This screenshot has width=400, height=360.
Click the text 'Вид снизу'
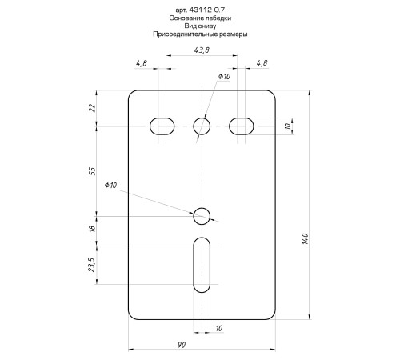click(200, 26)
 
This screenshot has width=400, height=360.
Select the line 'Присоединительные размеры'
click(200, 35)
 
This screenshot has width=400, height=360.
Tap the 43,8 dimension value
click(202, 50)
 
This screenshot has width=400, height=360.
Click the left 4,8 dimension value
click(141, 63)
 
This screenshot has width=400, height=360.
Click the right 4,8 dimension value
click(262, 63)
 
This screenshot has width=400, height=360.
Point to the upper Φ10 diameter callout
click(224, 76)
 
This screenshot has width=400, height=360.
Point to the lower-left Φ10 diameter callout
click(110, 186)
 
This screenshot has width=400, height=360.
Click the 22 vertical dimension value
click(93, 108)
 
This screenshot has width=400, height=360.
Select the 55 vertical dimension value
click(93, 170)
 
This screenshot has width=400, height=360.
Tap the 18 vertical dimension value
click(93, 230)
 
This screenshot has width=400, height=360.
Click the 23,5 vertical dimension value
click(93, 265)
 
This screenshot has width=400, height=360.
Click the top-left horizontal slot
click(162, 126)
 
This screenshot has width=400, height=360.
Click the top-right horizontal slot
click(242, 126)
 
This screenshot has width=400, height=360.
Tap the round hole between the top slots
click(202, 126)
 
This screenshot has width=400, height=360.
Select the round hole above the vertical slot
click(202, 215)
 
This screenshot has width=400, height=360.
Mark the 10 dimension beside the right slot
click(287, 126)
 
